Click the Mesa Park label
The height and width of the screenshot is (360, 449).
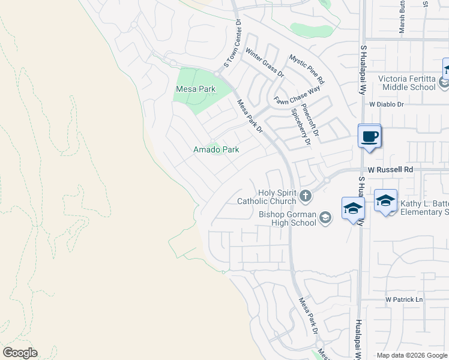(x=195, y=89)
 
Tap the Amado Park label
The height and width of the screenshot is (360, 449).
(x=216, y=149)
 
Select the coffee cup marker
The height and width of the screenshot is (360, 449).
(x=369, y=136)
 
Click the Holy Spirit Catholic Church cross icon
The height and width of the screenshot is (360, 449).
(x=306, y=196)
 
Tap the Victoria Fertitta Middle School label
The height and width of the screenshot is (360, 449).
(x=406, y=83)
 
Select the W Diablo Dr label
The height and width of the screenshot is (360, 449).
(x=387, y=104)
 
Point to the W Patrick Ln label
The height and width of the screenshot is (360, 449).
(x=404, y=299)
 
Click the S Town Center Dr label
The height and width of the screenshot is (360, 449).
(x=232, y=43)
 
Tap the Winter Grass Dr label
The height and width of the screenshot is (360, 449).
(x=265, y=63)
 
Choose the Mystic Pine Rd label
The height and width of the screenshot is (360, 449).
(x=307, y=69)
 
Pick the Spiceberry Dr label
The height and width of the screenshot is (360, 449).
(x=300, y=127)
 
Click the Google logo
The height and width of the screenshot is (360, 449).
(x=20, y=353)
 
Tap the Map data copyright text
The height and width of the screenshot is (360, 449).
(x=412, y=355)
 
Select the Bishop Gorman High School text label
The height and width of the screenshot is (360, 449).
(x=288, y=219)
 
